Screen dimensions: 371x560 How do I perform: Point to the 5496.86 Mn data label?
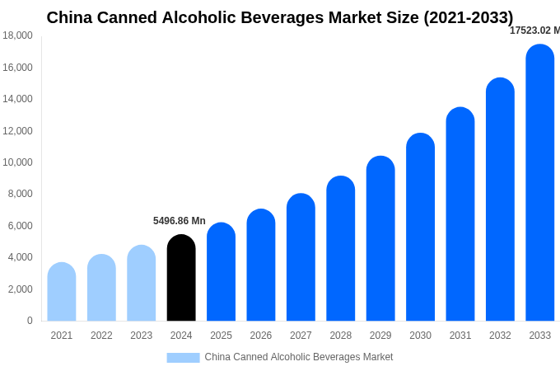pos(180,221)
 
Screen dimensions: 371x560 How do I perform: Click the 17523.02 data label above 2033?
pos(534,31)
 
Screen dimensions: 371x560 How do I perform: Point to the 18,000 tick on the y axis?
pos(18,35)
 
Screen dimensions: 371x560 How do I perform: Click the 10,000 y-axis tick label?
pos(18,162)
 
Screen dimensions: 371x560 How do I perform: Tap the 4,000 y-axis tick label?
pos(21,257)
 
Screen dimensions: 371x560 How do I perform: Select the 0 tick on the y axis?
pos(30,321)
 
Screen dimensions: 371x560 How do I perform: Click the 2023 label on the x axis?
pos(142,336)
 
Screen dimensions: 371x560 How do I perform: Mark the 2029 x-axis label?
pos(380,336)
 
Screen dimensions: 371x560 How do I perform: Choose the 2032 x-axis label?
pos(500,336)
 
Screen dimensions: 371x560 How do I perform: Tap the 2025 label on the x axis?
pos(221,336)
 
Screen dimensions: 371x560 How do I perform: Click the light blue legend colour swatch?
pos(183,358)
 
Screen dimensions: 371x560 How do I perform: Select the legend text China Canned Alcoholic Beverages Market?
pos(299,357)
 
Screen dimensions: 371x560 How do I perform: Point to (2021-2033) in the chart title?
pos(468,17)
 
